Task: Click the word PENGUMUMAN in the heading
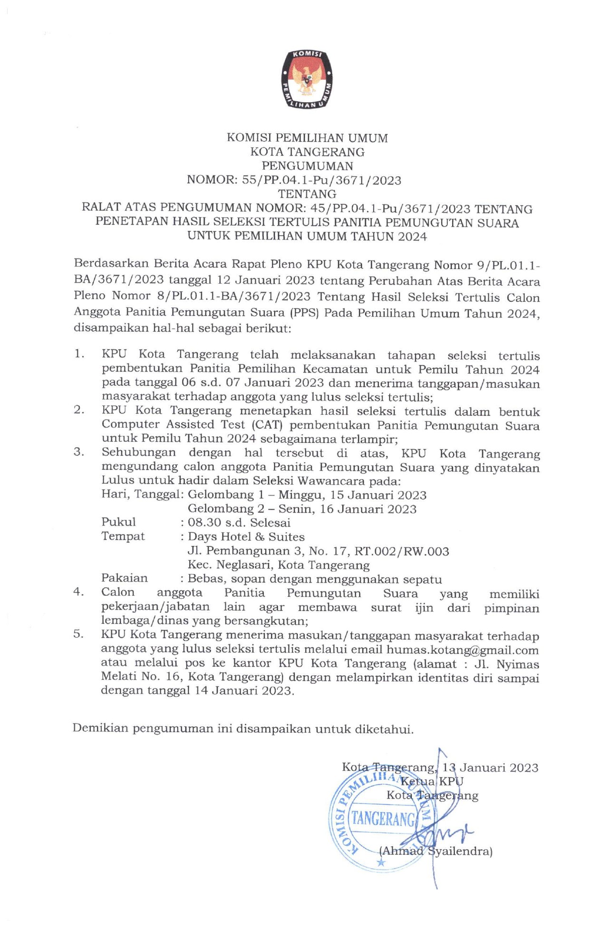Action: click(308, 166)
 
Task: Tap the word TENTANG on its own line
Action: click(307, 194)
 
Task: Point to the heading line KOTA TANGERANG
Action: click(308, 152)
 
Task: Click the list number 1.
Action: click(79, 354)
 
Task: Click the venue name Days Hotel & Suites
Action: click(246, 537)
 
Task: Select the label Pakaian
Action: click(125, 578)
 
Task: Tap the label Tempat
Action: click(123, 536)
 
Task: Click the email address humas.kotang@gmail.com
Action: click(462, 650)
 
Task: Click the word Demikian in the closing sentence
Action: click(99, 728)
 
